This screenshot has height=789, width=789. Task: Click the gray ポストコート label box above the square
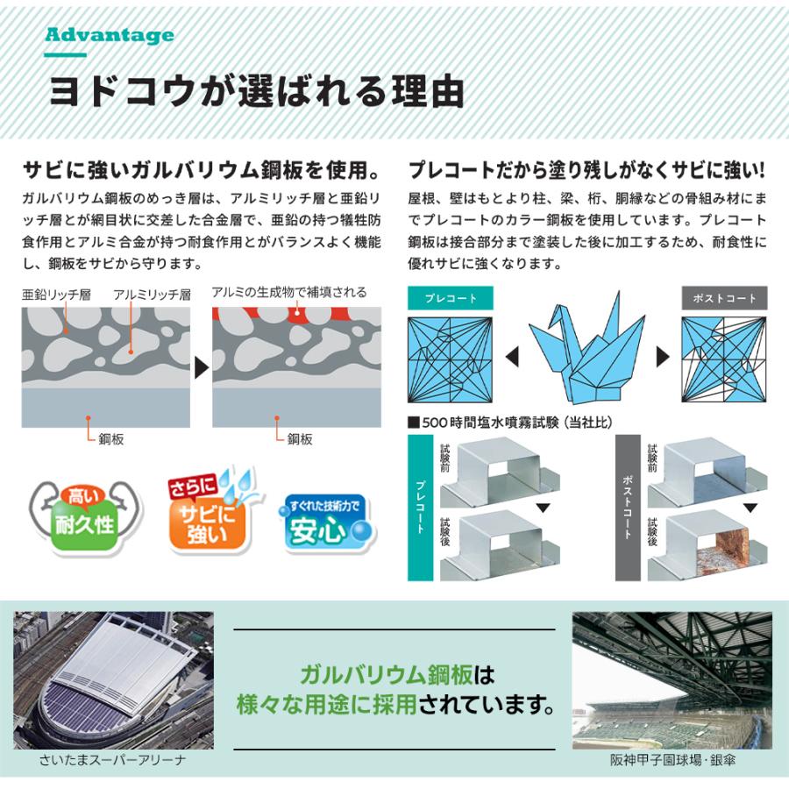tap(724, 298)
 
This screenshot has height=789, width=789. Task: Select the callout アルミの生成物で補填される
tap(289, 292)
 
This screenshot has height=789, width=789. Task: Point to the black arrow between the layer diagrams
tap(201, 366)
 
